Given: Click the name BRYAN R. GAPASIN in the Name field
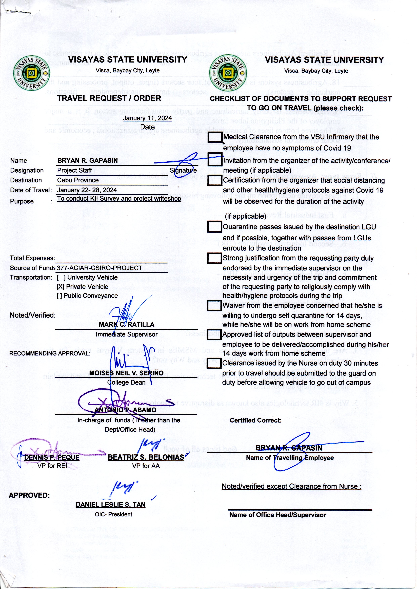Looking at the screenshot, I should pos(87,161).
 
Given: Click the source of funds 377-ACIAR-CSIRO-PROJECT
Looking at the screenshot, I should pos(99,268).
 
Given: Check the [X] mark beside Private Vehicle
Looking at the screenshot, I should pos(61,287).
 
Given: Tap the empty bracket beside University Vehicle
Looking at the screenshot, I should pos(61,277).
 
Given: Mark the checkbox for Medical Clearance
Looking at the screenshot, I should pos(215,137).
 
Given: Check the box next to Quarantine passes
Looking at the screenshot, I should pos(214,227).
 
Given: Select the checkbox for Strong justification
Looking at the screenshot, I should pos(214,258).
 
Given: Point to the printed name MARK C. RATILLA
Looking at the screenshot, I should pos(127,325).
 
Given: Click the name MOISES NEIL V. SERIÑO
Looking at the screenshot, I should pos(126,373).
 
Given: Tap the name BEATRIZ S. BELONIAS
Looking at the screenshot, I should pos(146,457).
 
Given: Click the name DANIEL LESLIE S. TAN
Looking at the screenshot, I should pos(110,504).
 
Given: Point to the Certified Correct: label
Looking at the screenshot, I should pos(255,420).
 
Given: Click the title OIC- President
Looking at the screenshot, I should pos(113,514).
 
